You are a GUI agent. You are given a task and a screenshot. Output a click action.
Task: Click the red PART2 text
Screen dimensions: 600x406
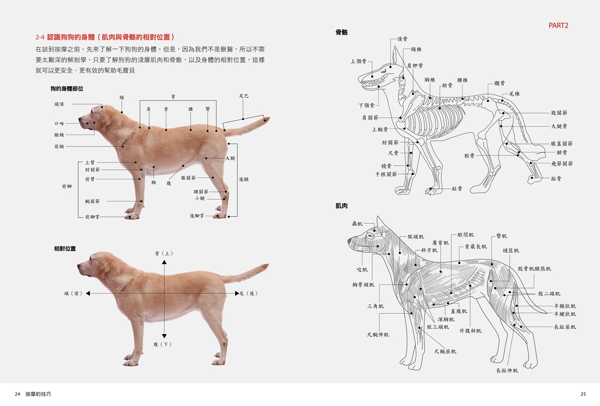tap(559, 25)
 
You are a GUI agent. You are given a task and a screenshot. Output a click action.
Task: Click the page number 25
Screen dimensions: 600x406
tap(583, 394)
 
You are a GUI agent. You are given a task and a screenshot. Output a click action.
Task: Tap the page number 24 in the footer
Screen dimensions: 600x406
tap(17, 394)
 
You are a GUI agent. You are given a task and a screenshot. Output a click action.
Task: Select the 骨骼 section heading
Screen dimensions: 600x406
tap(341, 33)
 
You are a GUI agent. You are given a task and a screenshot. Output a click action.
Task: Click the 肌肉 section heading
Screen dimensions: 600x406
tap(341, 206)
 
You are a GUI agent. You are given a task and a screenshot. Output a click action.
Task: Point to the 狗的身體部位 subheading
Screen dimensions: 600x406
tap(67, 89)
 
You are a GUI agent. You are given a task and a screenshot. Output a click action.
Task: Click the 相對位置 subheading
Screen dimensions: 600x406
tap(65, 249)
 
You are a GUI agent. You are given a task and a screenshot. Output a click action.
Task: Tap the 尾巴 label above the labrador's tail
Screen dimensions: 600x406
tap(244, 96)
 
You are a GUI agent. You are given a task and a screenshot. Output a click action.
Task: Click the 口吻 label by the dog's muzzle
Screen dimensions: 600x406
tap(59, 123)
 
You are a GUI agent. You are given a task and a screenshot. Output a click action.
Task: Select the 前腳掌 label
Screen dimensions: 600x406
tap(92, 217)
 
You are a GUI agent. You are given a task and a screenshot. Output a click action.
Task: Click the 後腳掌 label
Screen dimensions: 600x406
tap(197, 216)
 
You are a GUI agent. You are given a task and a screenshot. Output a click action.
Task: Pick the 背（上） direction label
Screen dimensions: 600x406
tap(164, 253)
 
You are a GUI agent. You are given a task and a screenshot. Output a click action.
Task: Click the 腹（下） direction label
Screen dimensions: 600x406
tap(163, 345)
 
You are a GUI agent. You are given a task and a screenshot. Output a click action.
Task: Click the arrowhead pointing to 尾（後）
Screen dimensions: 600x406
tap(237, 293)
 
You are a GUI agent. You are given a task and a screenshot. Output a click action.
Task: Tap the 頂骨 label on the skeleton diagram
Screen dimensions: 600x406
tap(402, 38)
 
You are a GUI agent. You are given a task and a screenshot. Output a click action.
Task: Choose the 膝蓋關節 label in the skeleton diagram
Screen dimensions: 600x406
tap(562, 144)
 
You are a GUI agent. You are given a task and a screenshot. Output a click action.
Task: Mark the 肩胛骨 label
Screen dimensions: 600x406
tap(415, 66)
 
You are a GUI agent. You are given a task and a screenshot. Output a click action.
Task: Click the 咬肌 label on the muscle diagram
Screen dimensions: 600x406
tap(362, 270)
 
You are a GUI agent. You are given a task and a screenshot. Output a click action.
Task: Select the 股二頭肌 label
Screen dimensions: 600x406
tap(549, 294)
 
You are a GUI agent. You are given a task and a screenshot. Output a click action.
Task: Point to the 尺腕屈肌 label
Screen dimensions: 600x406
tap(445, 351)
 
